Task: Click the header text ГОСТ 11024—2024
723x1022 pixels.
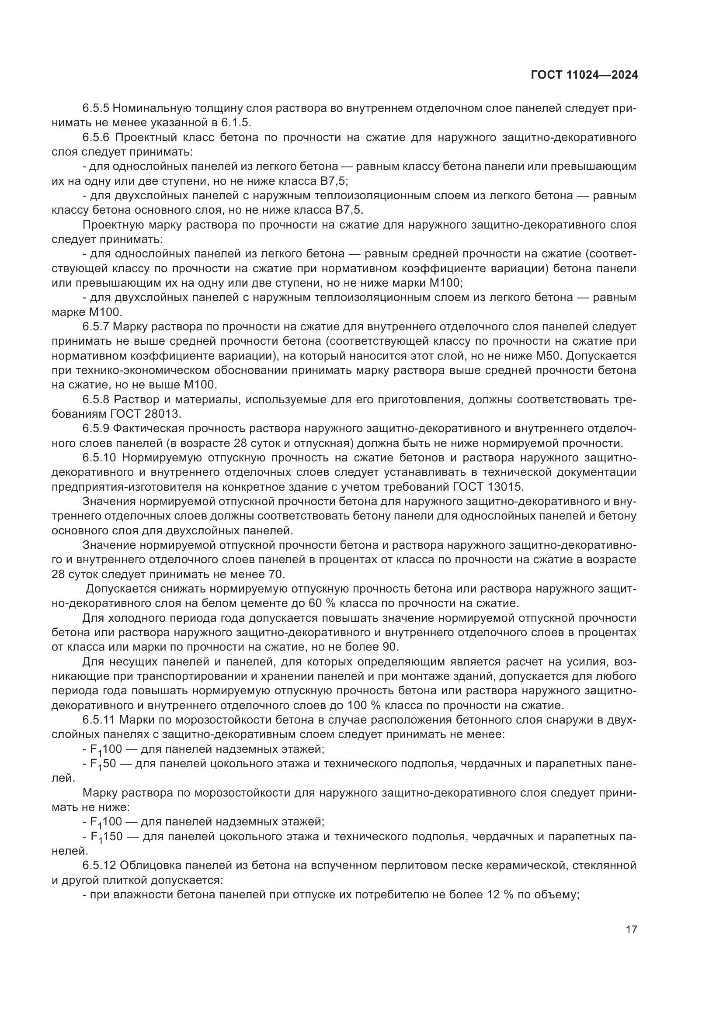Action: pyautogui.click(x=584, y=75)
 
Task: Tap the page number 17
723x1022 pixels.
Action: pyautogui.click(x=631, y=929)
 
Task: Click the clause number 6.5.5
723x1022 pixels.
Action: pyautogui.click(x=96, y=108)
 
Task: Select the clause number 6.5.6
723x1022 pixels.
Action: pyautogui.click(x=96, y=137)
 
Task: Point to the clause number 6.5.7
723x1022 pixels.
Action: pyautogui.click(x=96, y=327)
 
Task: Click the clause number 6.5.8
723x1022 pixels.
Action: pyautogui.click(x=96, y=399)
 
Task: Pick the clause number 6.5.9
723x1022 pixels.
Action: pyautogui.click(x=96, y=429)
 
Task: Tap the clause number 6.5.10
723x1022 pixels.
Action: pyautogui.click(x=99, y=457)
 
